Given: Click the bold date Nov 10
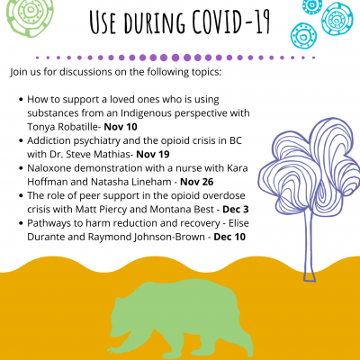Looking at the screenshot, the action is tap(121, 127).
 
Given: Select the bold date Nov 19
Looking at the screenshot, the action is tap(153, 155).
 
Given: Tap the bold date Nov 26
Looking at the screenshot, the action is tap(197, 182).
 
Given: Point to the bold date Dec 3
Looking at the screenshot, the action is tap(236, 210).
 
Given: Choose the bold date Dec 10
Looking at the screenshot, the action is tap(229, 237).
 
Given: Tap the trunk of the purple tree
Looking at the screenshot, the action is tap(310, 246).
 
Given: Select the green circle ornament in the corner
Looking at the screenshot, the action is tap(30, 16).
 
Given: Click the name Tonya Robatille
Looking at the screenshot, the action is tap(62, 127).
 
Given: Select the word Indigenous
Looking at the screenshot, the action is tap(147, 113).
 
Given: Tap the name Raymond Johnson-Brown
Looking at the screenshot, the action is tap(147, 238).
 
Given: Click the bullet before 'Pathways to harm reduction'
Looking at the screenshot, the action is tap(21, 223).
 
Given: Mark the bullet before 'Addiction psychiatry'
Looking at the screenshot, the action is tap(21, 140).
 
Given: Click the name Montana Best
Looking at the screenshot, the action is tap(182, 210).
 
